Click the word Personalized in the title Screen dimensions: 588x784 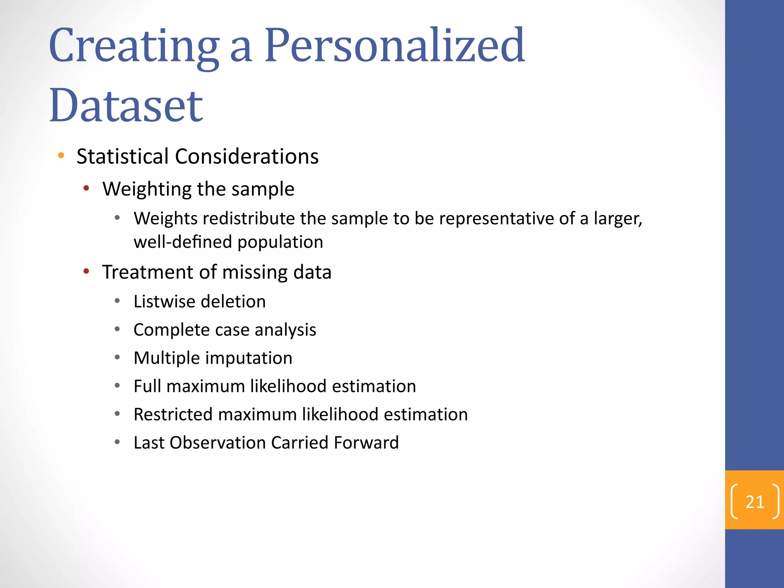pyautogui.click(x=394, y=46)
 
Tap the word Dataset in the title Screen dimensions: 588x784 pyautogui.click(x=126, y=105)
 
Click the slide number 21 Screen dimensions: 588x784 pyautogui.click(x=755, y=501)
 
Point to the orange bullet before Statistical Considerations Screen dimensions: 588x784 pyautogui.click(x=61, y=155)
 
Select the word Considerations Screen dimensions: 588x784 pyautogui.click(x=247, y=156)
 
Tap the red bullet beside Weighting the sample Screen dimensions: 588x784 pyautogui.click(x=87, y=188)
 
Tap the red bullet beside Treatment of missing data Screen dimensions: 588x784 pyautogui.click(x=87, y=271)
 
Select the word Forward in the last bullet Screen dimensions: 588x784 pyautogui.click(x=366, y=443)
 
